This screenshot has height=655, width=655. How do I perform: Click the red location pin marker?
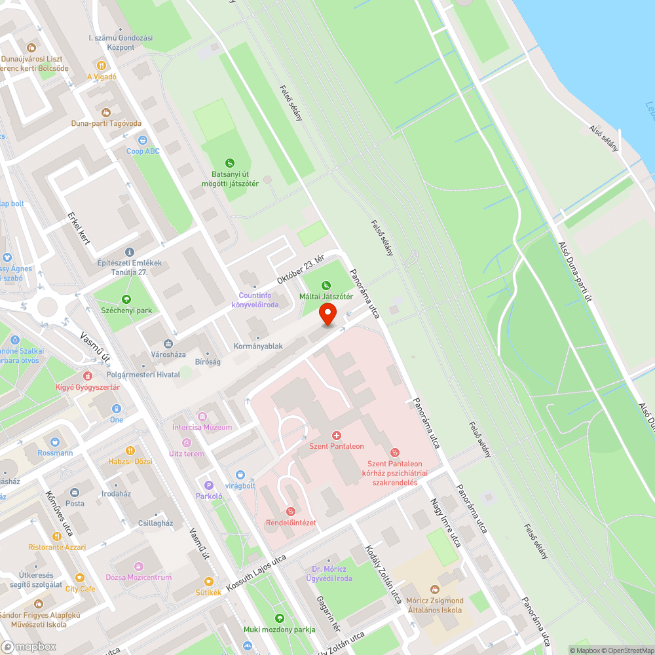click(x=327, y=314)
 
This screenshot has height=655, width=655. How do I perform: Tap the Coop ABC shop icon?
click(x=143, y=140)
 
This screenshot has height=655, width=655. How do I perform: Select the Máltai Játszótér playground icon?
click(x=326, y=285)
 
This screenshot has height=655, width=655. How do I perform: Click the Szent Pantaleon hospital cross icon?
click(x=337, y=435)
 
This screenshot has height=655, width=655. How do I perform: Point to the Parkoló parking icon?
click(x=209, y=485)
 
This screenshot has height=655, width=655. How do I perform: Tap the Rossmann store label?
click(x=55, y=453)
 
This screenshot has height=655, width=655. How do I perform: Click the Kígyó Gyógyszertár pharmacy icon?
click(x=87, y=376)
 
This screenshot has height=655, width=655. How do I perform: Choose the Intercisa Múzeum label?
click(x=202, y=427)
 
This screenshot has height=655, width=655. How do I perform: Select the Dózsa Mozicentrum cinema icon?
click(x=138, y=566)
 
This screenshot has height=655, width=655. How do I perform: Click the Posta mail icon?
click(x=75, y=492)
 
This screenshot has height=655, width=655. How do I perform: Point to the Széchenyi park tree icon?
click(x=126, y=299)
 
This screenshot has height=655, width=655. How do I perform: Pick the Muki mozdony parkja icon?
click(x=280, y=618)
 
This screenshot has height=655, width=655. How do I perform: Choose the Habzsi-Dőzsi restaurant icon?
click(x=130, y=450)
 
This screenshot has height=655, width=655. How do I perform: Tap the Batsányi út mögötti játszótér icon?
click(x=229, y=163)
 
